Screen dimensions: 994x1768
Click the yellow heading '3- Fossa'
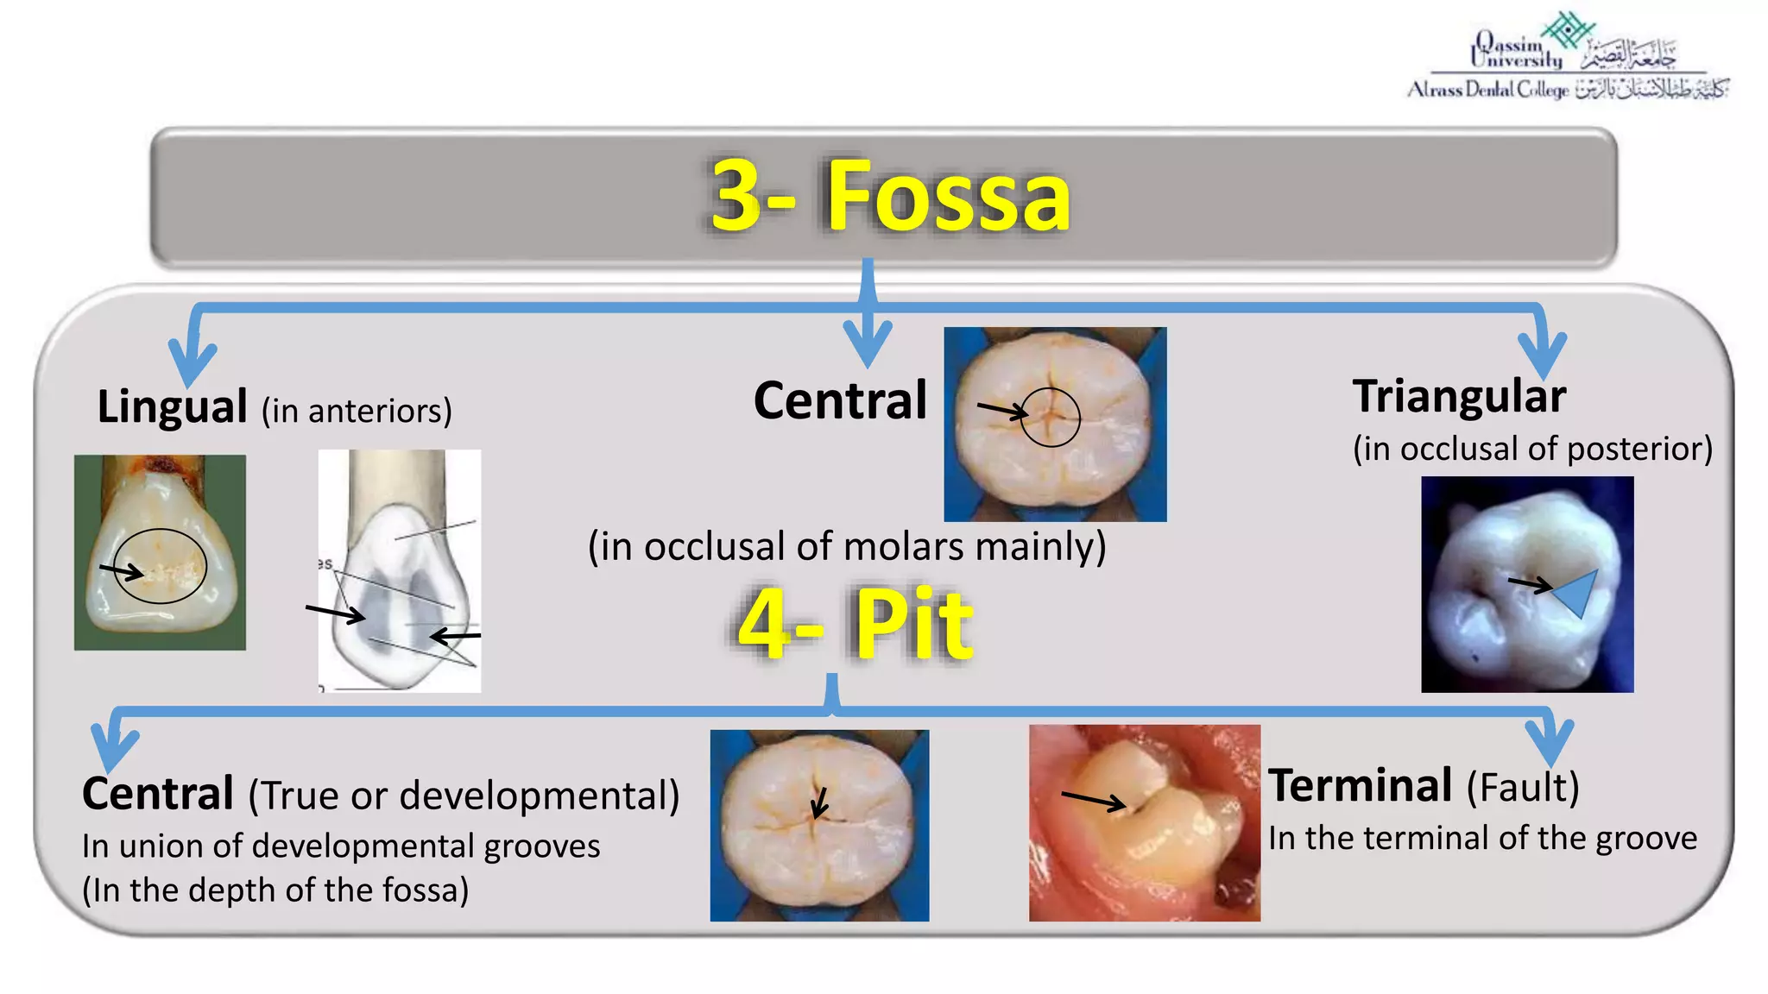pos(889,197)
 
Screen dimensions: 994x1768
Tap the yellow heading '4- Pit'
pos(855,624)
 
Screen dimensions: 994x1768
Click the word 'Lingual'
pos(172,406)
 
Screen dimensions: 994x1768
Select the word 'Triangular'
pos(1459,397)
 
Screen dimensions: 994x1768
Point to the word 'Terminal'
pos(1360,786)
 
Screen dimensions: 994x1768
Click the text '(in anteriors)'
pos(357,412)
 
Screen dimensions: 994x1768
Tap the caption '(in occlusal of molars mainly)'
pos(847,547)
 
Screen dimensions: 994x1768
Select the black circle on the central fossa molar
pos(1050,417)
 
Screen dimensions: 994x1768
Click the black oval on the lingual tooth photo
pos(161,566)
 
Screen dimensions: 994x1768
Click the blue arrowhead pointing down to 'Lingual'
pos(192,362)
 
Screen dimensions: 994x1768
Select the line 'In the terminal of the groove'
pos(1482,839)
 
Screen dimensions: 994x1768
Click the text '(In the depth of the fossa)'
pos(275,890)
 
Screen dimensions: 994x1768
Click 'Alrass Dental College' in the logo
pos(1488,90)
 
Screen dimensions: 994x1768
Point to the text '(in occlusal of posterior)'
pos(1532,449)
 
